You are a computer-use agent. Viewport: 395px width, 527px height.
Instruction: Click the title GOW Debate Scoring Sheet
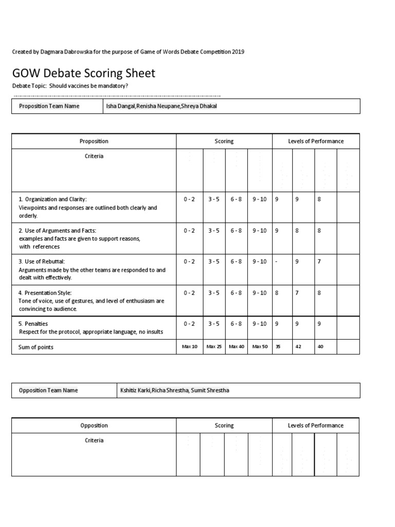tap(83, 73)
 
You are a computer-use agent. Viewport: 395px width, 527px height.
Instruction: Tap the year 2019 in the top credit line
tap(238, 52)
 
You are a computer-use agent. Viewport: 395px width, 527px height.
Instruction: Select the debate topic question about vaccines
tap(88, 85)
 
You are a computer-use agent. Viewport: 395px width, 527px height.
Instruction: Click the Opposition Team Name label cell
tap(48, 391)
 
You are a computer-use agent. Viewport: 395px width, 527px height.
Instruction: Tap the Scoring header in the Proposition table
tap(224, 141)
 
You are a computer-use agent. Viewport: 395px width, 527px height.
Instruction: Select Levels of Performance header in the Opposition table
tap(315, 426)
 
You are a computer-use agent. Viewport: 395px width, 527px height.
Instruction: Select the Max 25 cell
tap(214, 347)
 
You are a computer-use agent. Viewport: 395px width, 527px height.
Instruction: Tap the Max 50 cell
tap(260, 347)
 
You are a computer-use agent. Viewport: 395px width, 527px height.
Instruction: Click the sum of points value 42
tap(298, 347)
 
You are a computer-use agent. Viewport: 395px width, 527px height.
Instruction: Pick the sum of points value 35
tap(278, 347)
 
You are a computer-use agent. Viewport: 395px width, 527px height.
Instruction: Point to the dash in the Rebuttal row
tap(277, 261)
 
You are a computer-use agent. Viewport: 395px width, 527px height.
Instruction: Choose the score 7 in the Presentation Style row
tap(297, 293)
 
